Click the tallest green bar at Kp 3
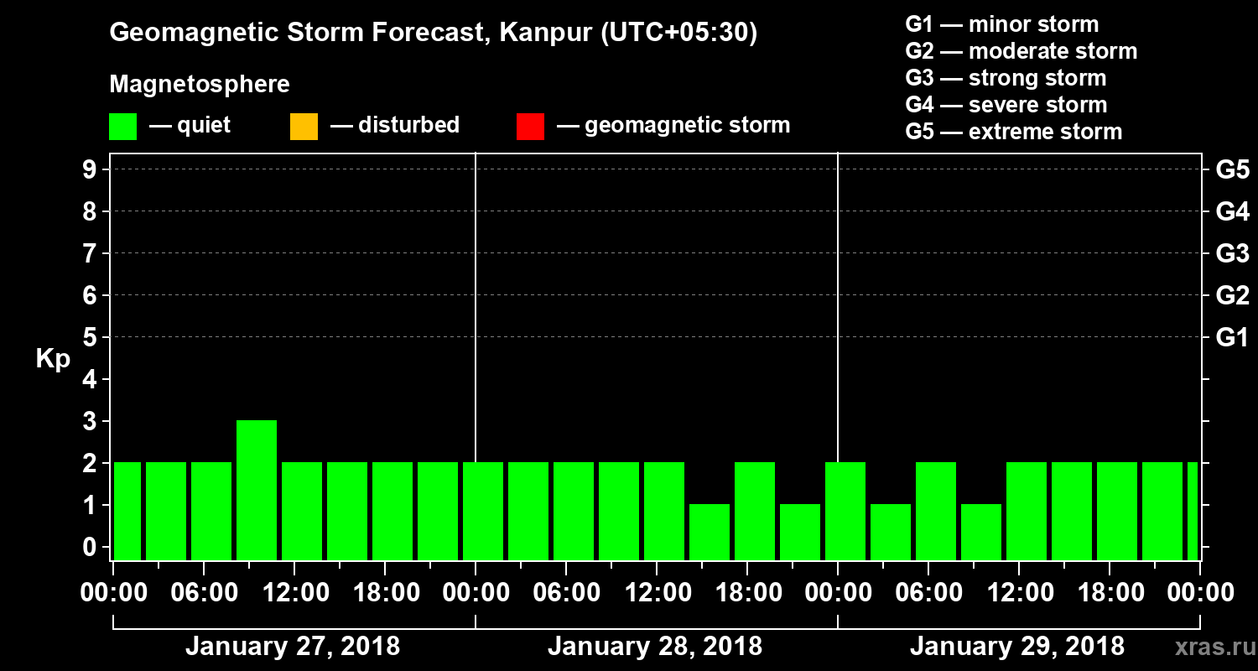[257, 490]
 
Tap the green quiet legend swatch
[122, 126]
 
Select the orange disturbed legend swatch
[304, 126]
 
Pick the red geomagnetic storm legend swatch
[530, 126]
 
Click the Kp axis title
[53, 359]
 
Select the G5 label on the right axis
[1232, 169]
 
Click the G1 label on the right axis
[1232, 337]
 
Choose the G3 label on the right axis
[1232, 253]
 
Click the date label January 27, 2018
[293, 647]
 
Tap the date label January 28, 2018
[655, 647]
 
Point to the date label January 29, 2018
[1017, 647]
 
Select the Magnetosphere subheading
[200, 85]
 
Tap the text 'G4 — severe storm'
[1006, 105]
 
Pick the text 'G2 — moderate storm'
[1021, 51]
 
